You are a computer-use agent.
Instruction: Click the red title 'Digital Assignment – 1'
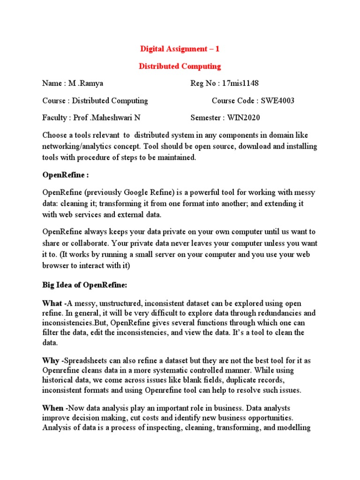tap(180, 49)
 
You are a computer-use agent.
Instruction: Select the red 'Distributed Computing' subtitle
tap(180, 66)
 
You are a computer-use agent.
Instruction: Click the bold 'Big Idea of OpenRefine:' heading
tap(85, 285)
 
